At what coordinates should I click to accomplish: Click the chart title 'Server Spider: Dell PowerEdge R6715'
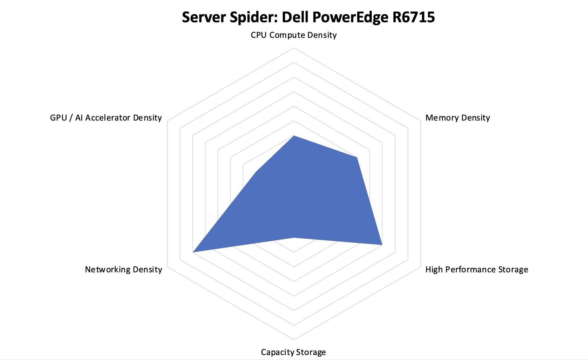308,17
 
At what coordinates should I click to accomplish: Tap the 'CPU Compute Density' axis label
294,35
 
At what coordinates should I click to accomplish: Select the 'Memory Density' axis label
457,118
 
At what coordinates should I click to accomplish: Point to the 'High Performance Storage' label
476,269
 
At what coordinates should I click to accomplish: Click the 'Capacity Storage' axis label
293,352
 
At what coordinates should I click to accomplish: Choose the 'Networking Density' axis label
123,269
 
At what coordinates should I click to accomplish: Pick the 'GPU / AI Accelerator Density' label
106,118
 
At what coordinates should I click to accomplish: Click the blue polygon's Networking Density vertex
193,252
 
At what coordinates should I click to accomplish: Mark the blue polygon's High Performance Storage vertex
382,245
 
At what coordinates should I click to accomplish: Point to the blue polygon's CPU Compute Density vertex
294,135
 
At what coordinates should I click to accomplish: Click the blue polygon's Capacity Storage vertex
294,237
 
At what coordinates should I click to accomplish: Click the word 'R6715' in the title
413,17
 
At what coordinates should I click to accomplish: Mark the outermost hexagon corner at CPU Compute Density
294,48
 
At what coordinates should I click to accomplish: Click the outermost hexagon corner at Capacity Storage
294,340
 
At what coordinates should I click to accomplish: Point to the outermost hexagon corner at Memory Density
420,121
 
